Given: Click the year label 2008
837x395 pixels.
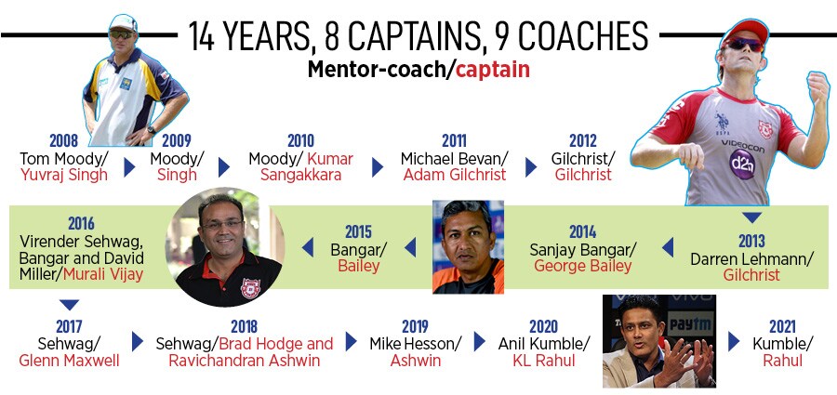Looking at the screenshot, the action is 63,141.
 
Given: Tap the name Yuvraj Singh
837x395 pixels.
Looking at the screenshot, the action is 64,175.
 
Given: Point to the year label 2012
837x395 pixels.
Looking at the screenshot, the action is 583,141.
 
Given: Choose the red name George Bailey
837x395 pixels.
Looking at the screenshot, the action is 582,266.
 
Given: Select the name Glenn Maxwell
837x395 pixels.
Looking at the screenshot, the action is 69,361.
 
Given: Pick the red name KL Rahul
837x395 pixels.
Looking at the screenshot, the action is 544,361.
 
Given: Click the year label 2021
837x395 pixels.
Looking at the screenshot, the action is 782,326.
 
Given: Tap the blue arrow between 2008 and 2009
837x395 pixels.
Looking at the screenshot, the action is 129,167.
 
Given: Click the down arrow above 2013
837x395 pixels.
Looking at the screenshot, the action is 752,217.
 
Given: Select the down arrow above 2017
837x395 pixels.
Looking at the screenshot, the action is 69,304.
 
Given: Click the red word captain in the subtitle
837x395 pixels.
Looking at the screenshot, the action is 493,70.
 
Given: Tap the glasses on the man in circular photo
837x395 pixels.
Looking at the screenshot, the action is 222,224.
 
